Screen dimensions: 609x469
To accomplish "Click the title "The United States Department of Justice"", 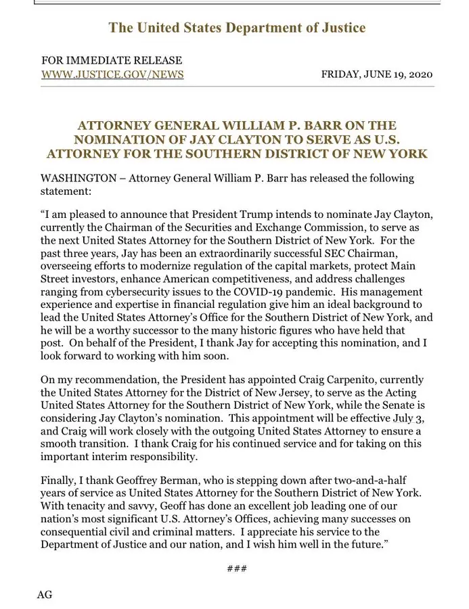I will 237,28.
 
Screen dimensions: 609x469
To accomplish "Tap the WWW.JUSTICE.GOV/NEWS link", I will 112,74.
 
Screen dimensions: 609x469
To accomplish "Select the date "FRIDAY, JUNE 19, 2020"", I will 378,74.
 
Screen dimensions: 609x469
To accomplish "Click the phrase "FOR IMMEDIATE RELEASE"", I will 112,60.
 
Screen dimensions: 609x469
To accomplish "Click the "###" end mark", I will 237,568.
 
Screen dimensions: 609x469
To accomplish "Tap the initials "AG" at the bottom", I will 44,595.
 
